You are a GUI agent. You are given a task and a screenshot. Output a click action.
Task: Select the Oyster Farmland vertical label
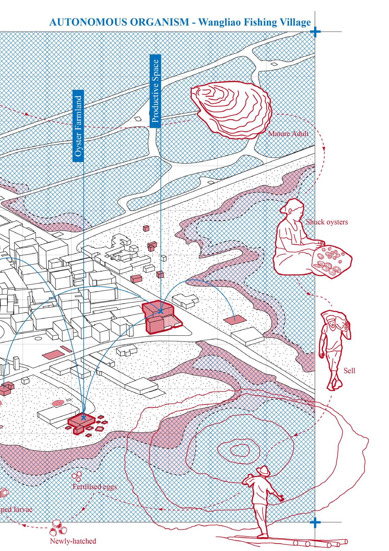[78, 126]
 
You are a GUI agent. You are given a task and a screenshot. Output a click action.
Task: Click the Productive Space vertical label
[156, 91]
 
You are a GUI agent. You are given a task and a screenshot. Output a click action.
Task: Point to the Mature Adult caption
[288, 134]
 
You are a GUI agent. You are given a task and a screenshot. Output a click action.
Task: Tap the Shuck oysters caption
[327, 222]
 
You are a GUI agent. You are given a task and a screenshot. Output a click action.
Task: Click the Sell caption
[350, 370]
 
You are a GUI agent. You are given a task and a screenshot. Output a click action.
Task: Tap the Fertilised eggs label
[94, 486]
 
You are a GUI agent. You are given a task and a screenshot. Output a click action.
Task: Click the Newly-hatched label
[73, 541]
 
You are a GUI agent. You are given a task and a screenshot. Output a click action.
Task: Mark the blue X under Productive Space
[160, 311]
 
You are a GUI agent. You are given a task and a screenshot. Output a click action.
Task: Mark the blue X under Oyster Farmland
[83, 417]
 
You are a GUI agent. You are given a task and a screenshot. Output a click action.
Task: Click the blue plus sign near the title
[316, 32]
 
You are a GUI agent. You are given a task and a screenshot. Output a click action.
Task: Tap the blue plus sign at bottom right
[316, 522]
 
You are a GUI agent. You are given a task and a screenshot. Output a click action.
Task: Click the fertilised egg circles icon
[77, 476]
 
